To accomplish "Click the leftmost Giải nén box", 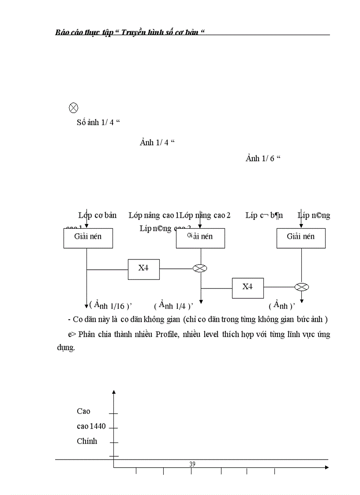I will tap(88, 238).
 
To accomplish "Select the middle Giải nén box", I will tap(200, 238).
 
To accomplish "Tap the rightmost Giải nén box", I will tap(301, 238).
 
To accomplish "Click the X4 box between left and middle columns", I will tap(144, 269).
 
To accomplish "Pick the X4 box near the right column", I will tap(247, 288).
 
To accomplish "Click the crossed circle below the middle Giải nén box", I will tap(200, 268).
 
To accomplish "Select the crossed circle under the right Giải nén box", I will tap(301, 287).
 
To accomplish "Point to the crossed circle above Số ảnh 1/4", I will tap(74, 108).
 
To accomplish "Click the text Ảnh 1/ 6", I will tap(263, 159).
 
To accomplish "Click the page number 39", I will tap(192, 464).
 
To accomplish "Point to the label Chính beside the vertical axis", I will tap(87, 441).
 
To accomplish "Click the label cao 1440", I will tap(91, 426).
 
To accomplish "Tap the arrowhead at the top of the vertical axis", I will tap(114, 392).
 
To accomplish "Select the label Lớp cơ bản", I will tap(97, 216).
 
